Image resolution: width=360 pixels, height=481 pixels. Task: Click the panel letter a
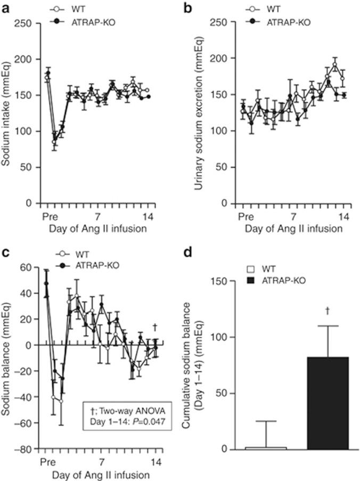(x=5, y=9)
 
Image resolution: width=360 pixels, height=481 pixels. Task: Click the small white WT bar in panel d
(x=266, y=447)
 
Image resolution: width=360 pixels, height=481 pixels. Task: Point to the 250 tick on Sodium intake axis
(x=31, y=23)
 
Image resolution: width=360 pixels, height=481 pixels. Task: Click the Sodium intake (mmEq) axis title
(x=7, y=113)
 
